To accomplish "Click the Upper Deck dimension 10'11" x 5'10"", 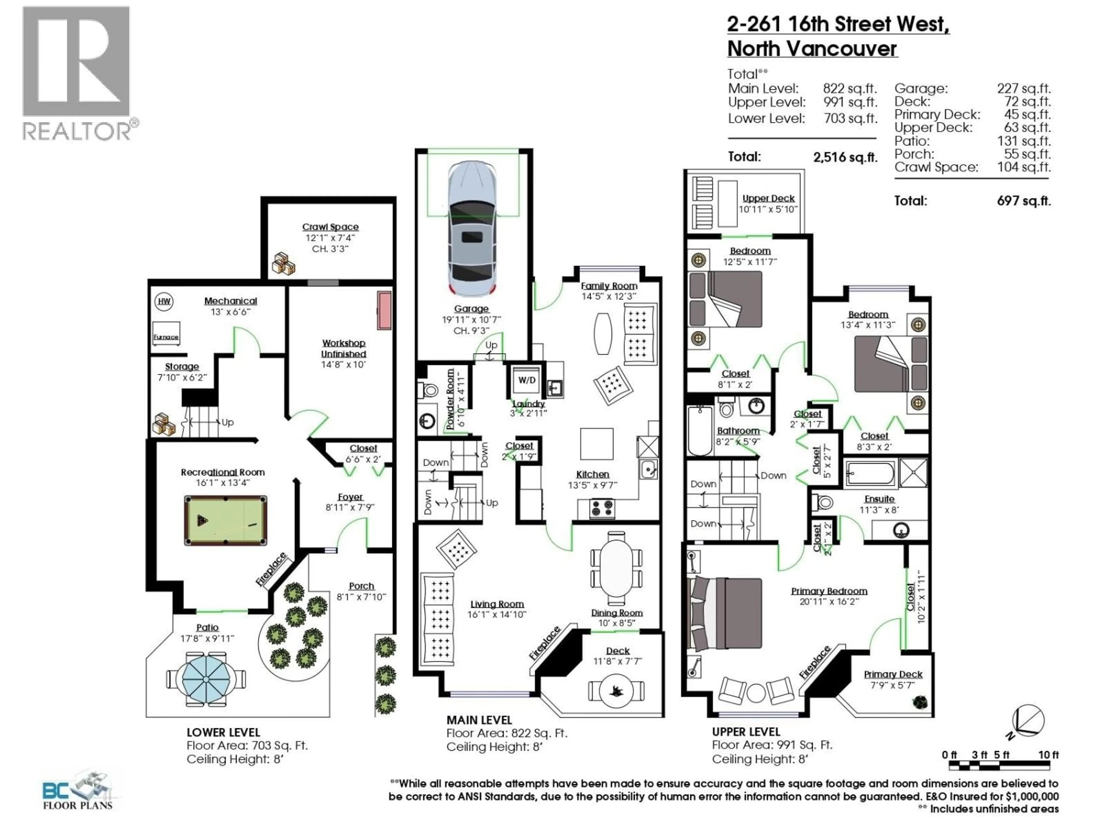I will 768,209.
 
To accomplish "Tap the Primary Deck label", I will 893,674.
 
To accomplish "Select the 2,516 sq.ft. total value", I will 845,157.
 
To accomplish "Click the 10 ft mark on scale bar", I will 1048,755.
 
